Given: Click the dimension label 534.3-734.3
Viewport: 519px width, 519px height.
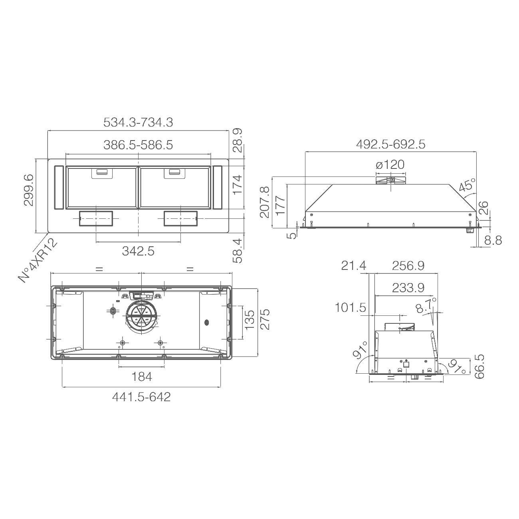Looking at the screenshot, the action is click(x=138, y=123).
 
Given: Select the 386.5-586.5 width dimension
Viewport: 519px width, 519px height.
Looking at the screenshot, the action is click(x=138, y=145).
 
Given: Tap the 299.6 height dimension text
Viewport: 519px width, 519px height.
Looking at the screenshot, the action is click(x=29, y=190).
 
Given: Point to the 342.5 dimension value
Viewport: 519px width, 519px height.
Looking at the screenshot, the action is click(x=138, y=251).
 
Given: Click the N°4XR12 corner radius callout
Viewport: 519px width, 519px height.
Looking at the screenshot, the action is click(x=38, y=260).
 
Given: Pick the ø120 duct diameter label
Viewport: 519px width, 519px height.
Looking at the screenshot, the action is click(x=390, y=164).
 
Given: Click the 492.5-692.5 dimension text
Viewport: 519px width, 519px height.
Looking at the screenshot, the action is click(x=390, y=145).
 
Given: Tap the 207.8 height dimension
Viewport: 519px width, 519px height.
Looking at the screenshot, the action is click(x=265, y=202).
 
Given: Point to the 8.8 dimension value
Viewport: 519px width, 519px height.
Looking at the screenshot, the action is click(x=493, y=240).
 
